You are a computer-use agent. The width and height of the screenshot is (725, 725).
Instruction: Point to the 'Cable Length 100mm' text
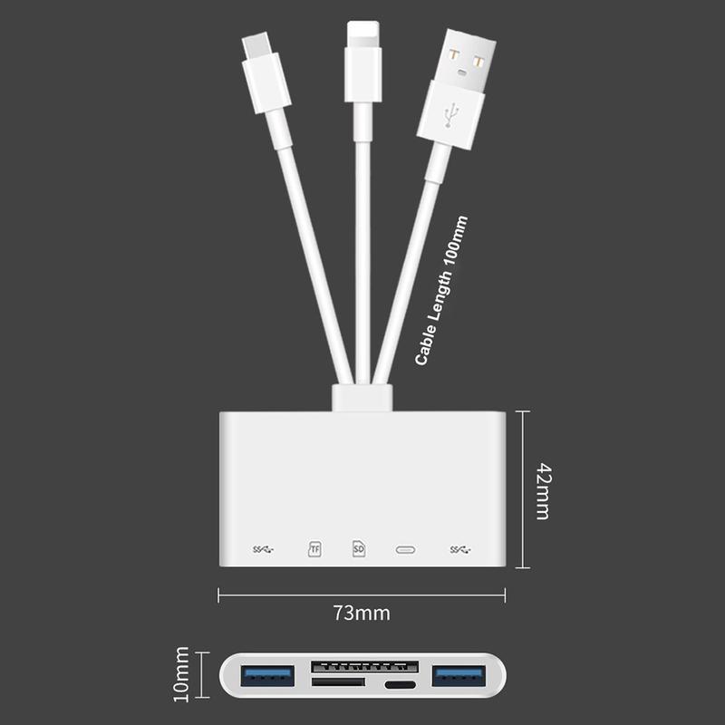click(441, 290)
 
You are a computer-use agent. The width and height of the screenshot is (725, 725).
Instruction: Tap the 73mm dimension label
click(362, 614)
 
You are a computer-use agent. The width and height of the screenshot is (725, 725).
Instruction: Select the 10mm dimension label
click(181, 674)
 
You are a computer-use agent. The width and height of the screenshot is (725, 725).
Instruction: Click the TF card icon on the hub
click(314, 549)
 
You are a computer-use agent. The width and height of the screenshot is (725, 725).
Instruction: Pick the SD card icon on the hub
click(359, 548)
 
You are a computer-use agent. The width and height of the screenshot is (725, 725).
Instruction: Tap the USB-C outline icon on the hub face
click(405, 549)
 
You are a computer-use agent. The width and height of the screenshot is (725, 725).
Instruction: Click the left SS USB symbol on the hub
click(264, 549)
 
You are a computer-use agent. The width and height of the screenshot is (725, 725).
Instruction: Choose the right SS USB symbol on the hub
click(460, 549)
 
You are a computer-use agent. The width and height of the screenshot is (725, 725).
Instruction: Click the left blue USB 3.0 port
click(267, 676)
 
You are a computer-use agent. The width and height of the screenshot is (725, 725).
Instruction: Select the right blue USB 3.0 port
click(459, 676)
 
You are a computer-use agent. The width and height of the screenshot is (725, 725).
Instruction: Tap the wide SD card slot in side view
click(365, 667)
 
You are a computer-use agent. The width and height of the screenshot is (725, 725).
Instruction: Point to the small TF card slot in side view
click(338, 682)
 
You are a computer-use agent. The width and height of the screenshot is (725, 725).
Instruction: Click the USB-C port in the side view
click(401, 685)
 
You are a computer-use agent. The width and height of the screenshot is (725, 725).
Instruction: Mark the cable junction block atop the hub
click(362, 398)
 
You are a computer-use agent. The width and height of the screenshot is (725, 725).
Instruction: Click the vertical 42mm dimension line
click(523, 489)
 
